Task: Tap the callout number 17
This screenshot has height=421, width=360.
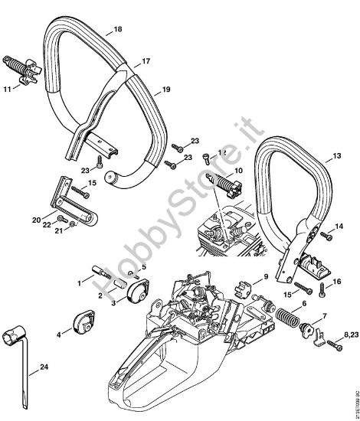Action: tap(146, 60)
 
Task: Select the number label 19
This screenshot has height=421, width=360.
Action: tap(165, 90)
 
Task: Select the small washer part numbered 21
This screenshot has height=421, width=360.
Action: tap(70, 224)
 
